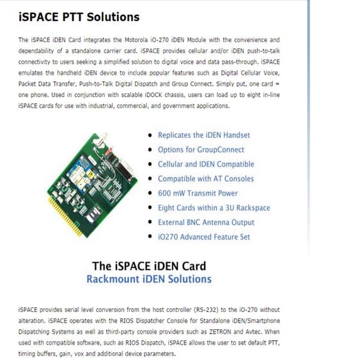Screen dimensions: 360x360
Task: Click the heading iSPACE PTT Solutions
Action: [x=79, y=17]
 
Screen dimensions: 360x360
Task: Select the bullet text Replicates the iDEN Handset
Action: [x=203, y=135]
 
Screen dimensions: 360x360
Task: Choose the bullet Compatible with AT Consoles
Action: [x=205, y=179]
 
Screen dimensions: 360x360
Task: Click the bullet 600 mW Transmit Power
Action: [x=198, y=193]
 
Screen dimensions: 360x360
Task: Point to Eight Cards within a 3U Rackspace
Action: [x=214, y=208]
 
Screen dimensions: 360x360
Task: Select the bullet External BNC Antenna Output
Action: [x=206, y=223]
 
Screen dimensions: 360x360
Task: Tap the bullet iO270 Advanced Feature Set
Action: [x=203, y=237]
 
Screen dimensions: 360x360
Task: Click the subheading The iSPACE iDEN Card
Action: [x=148, y=265]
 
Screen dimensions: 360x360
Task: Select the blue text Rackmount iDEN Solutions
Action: [x=148, y=279]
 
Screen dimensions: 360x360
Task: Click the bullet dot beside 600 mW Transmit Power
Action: [x=150, y=193]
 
